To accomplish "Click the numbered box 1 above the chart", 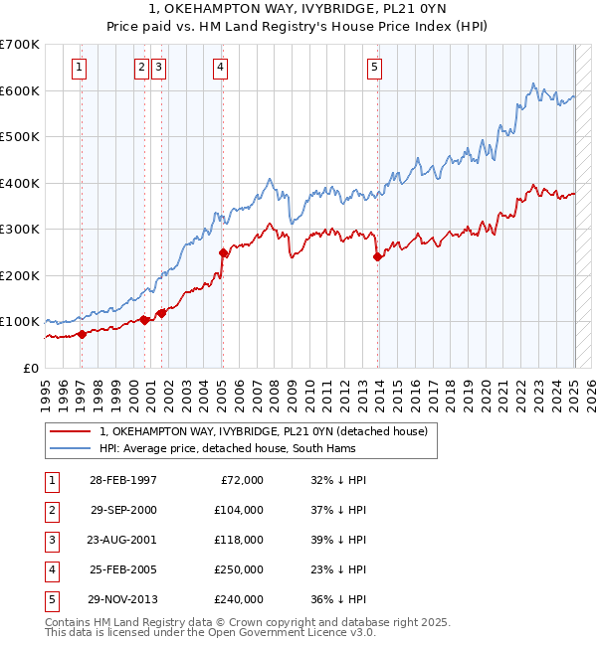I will coord(79,68).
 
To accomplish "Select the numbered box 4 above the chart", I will coord(219,68).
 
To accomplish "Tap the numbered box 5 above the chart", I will coord(374,68).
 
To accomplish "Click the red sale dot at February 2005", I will coord(223,253).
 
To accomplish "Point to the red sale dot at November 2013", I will coord(377,256).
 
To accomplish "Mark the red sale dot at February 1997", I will coord(82,334).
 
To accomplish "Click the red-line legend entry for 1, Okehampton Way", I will coord(264,431).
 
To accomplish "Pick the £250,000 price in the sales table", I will coord(239,570).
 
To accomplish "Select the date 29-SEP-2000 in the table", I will coord(123,510).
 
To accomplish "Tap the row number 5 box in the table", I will coord(51,600).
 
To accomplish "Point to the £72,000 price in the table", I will coord(242,480).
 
